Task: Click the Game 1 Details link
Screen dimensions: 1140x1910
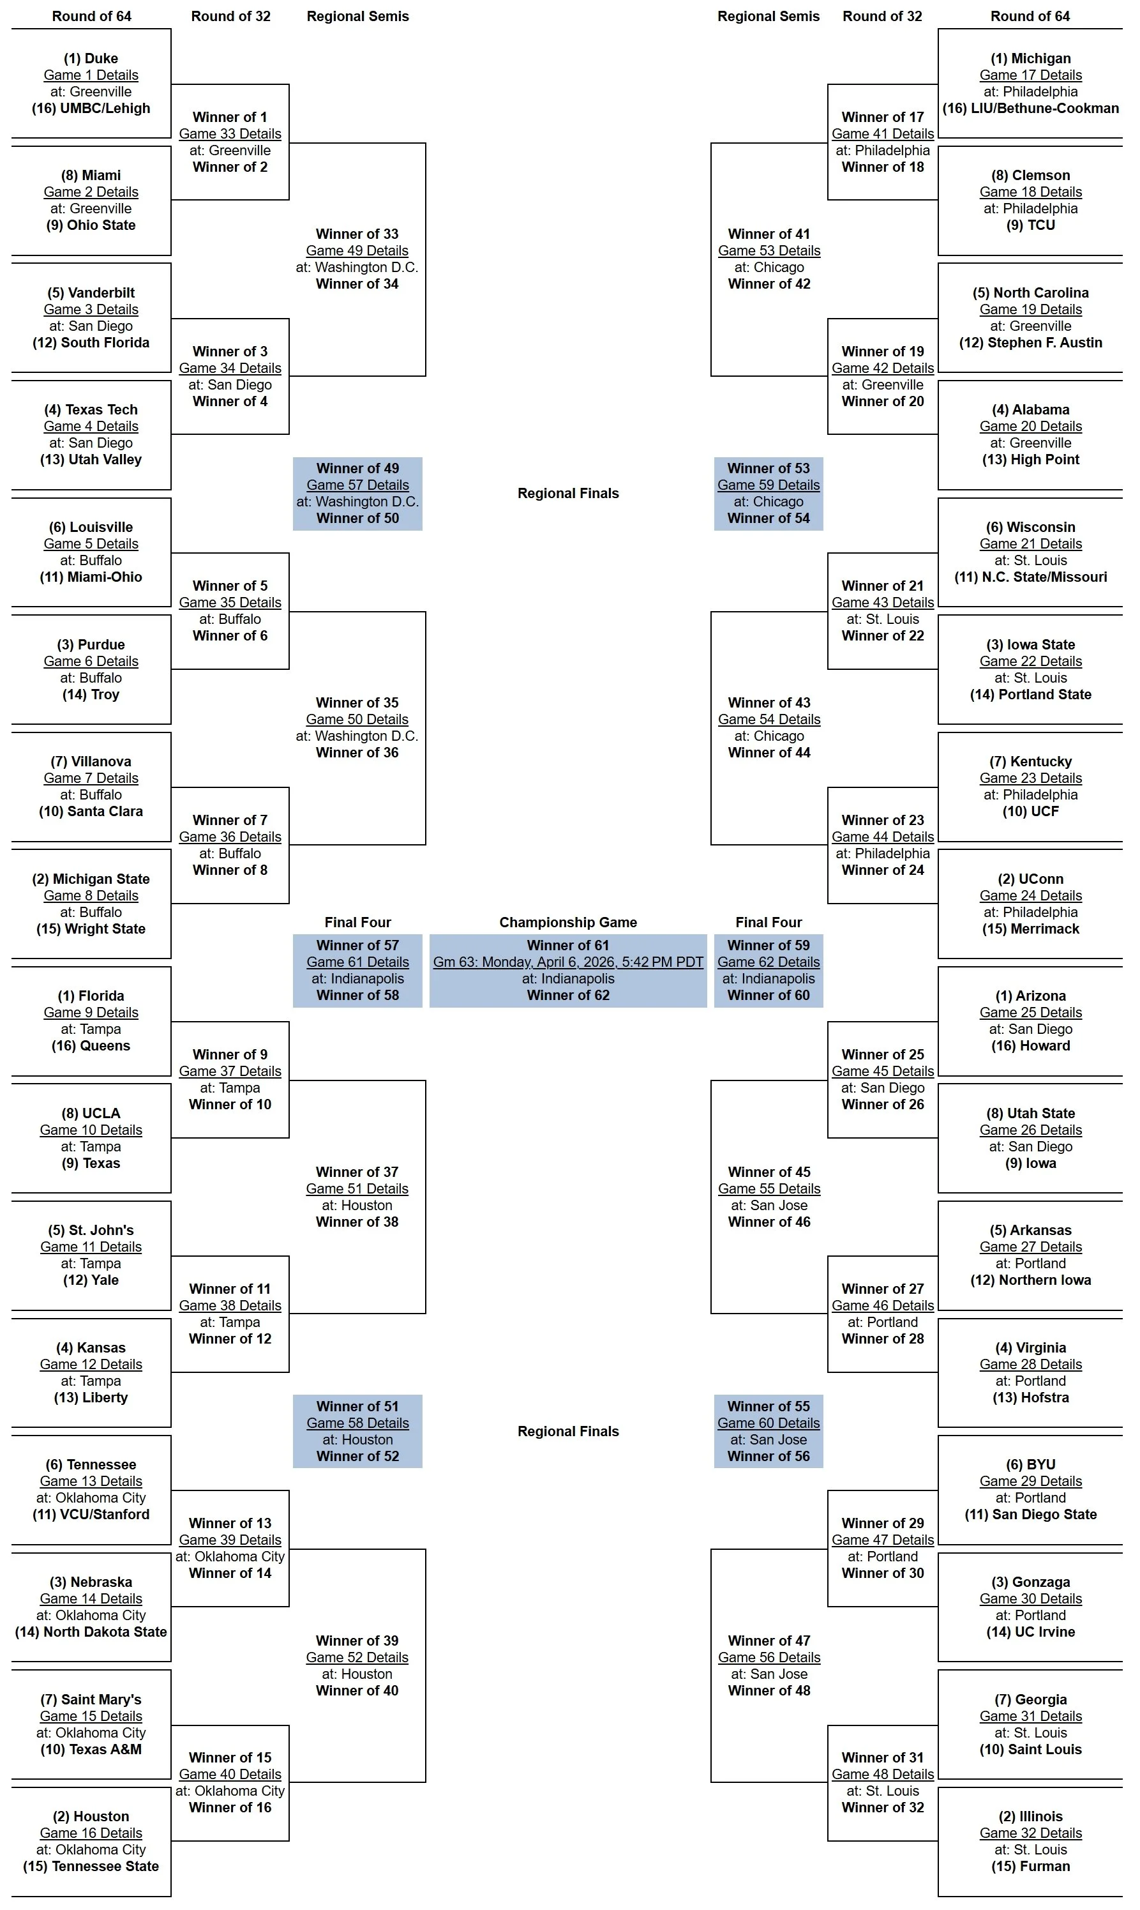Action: pyautogui.click(x=91, y=75)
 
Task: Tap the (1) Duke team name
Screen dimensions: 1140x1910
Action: pyautogui.click(x=91, y=58)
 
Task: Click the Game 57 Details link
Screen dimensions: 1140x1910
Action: pyautogui.click(x=357, y=485)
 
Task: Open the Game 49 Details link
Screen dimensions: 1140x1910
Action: pyautogui.click(x=357, y=250)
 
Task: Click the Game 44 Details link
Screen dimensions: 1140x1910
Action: pyautogui.click(x=883, y=837)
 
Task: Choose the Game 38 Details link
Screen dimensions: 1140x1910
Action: pyautogui.click(x=230, y=1305)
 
